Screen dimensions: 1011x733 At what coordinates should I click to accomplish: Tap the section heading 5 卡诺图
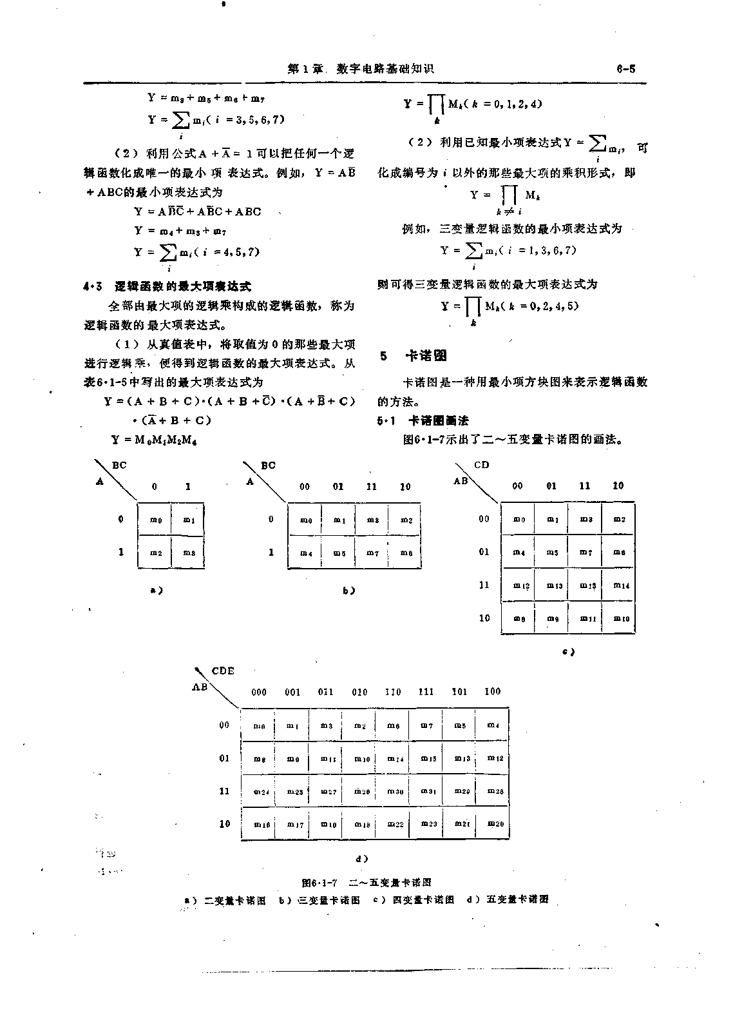[413, 356]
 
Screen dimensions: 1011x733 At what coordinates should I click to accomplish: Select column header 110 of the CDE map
[392, 692]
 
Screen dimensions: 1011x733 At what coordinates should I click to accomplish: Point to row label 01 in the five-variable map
[224, 758]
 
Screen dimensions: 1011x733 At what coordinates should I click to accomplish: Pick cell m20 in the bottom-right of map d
[495, 824]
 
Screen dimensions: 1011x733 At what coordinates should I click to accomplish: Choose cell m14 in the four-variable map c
[620, 585]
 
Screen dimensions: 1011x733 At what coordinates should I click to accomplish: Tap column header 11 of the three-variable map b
[372, 487]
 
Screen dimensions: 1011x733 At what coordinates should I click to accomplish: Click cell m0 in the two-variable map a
[155, 520]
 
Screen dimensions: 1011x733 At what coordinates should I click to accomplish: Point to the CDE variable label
[223, 671]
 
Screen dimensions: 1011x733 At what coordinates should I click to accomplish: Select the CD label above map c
[481, 465]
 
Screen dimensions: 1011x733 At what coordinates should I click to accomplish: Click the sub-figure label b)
[348, 591]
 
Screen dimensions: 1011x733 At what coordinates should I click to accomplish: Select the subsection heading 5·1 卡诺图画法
[423, 421]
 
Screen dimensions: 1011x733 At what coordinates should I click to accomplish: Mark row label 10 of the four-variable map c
[484, 618]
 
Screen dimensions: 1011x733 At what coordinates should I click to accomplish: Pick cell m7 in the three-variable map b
[372, 553]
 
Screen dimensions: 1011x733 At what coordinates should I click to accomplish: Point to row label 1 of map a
[120, 553]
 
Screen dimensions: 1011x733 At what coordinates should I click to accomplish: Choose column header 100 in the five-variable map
[492, 692]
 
